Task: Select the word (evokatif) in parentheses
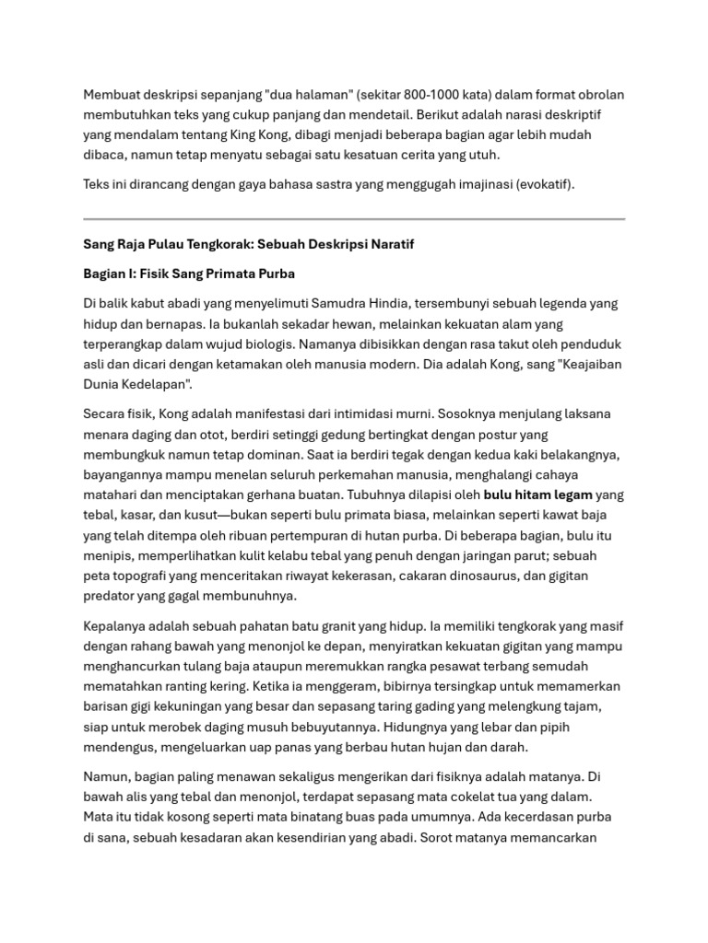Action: coord(541,184)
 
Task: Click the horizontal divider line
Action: coord(354,219)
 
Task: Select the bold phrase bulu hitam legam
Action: coord(538,495)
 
